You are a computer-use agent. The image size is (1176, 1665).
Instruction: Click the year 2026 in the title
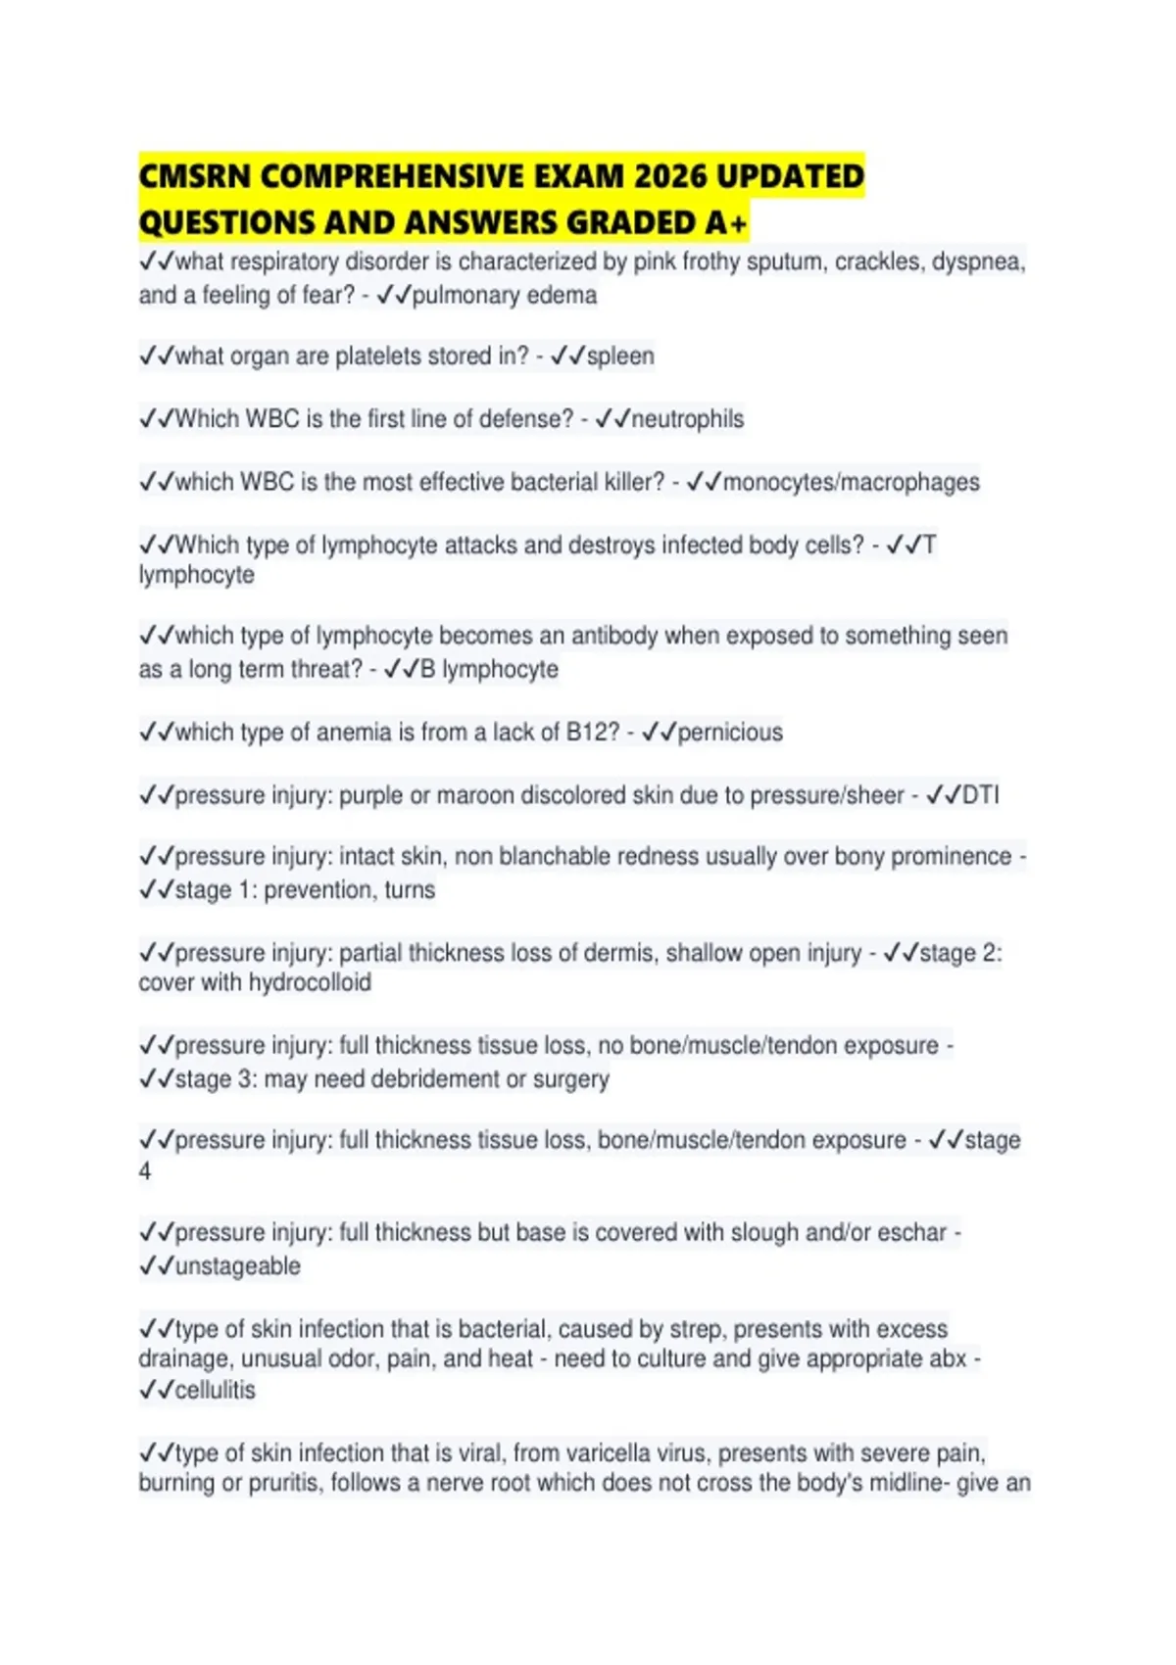tap(670, 176)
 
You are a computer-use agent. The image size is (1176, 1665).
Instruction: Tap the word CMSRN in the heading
tap(195, 176)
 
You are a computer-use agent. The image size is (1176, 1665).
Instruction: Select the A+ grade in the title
tap(725, 223)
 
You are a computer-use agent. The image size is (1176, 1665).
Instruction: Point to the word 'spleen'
tap(620, 357)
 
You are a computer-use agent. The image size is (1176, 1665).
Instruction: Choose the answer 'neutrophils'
tap(687, 419)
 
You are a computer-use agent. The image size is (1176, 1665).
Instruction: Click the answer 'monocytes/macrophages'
tap(851, 482)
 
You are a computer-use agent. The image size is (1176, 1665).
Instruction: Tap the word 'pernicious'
tap(730, 733)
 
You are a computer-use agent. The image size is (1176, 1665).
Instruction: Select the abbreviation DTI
tap(980, 795)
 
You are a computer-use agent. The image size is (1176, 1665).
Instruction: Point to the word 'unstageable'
tap(237, 1266)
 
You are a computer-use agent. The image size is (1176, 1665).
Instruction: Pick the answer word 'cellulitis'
tap(215, 1390)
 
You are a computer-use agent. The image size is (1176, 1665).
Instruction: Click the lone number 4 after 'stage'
tap(145, 1171)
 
